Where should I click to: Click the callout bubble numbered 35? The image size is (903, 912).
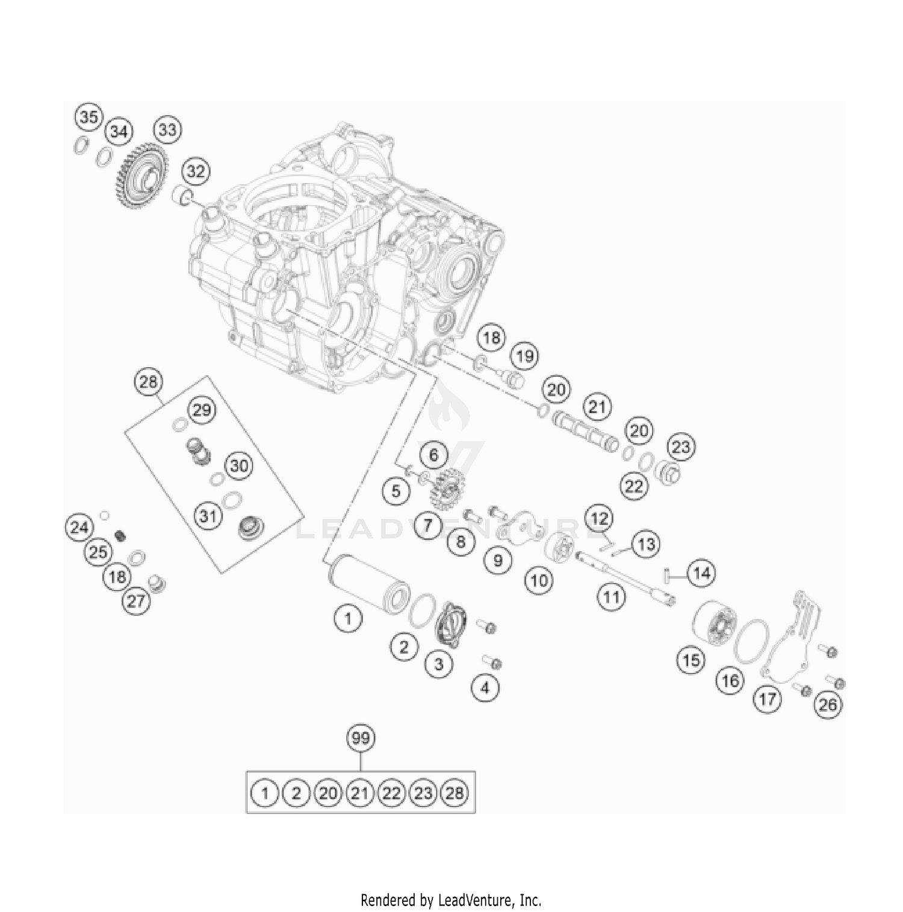click(x=88, y=117)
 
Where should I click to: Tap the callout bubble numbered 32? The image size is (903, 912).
click(x=196, y=172)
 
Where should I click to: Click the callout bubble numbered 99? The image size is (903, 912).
click(x=361, y=738)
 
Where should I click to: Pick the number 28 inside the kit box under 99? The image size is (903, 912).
click(x=455, y=793)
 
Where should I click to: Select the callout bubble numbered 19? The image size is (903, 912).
click(x=525, y=356)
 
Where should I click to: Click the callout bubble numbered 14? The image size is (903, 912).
click(x=702, y=573)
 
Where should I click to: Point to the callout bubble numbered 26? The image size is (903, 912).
click(x=828, y=704)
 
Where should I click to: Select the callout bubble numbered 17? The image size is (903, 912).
click(x=767, y=699)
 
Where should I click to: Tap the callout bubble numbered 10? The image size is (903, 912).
click(x=539, y=580)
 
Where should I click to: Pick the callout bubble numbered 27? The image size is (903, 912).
click(x=137, y=601)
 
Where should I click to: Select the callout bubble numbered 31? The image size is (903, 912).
click(x=208, y=516)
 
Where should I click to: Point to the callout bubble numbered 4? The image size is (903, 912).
click(x=486, y=687)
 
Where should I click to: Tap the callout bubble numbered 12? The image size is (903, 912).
click(x=599, y=518)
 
